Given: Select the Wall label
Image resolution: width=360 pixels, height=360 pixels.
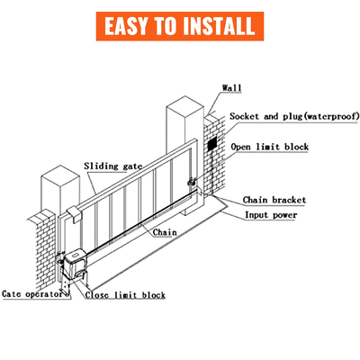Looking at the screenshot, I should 231,87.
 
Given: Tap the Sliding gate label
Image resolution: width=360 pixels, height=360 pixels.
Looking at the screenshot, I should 114,166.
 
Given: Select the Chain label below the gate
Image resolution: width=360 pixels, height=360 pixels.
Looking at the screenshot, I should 165,232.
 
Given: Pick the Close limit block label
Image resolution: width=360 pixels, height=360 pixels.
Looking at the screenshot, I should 126,294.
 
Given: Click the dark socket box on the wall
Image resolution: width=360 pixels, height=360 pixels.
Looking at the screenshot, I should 211,144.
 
